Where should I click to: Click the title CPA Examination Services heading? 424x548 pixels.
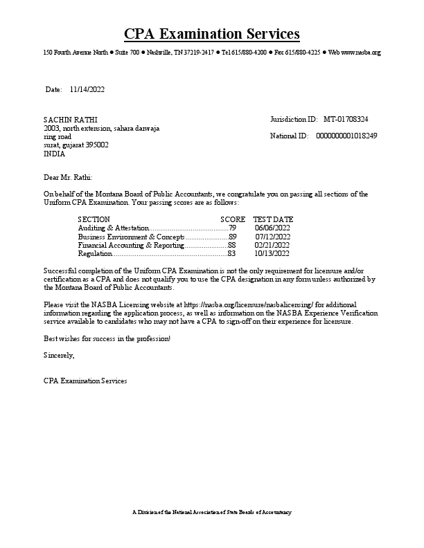click(212, 34)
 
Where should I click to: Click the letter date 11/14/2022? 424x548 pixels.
click(87, 90)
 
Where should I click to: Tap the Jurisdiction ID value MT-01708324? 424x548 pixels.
click(346, 120)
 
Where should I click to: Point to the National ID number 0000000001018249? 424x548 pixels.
click(346, 136)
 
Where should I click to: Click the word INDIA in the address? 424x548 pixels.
click(54, 154)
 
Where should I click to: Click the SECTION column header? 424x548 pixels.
click(94, 219)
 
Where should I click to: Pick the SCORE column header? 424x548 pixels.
click(233, 219)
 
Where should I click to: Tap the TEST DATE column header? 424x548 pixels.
click(273, 219)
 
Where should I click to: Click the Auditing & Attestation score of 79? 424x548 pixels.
click(233, 228)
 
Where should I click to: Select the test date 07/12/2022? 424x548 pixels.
click(272, 237)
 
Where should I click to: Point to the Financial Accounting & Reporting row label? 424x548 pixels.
click(131, 245)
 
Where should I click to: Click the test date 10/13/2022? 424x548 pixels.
click(272, 254)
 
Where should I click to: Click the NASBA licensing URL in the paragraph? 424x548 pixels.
click(249, 304)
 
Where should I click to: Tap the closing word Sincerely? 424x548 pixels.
click(58, 355)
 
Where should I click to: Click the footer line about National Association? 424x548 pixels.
click(212, 512)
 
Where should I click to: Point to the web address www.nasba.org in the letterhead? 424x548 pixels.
click(361, 53)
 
